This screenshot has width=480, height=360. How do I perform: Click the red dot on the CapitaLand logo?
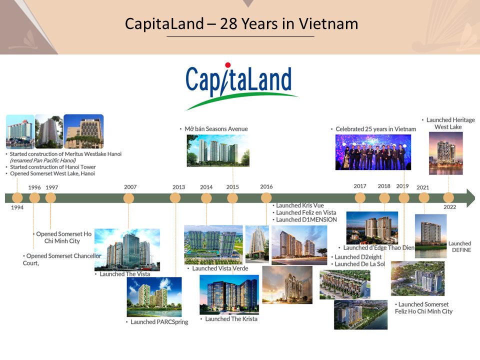click(x=227, y=65)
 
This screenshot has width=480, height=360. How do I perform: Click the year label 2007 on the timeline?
click(x=130, y=187)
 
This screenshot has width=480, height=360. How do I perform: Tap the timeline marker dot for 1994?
click(x=17, y=198)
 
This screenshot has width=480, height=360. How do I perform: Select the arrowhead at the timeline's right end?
click(x=470, y=198)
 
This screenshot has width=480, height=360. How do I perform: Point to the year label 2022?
click(x=449, y=207)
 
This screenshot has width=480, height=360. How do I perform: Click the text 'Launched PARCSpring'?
click(x=159, y=322)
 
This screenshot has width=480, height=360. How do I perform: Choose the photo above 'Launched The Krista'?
click(x=229, y=294)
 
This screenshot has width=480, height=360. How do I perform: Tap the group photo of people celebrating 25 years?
click(x=373, y=152)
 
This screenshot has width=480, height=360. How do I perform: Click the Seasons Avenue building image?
click(x=218, y=150)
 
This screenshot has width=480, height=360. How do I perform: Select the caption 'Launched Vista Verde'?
click(x=220, y=268)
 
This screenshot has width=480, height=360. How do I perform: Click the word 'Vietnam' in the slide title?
click(x=328, y=24)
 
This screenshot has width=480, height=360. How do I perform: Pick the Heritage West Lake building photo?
click(x=445, y=153)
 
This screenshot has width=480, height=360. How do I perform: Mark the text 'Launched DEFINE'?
click(x=460, y=246)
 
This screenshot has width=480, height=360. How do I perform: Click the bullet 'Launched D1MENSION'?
click(x=306, y=220)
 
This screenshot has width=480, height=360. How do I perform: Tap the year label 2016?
click(x=266, y=186)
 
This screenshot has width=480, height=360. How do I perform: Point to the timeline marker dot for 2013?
click(x=175, y=198)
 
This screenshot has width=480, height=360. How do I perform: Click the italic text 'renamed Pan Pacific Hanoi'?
click(x=43, y=160)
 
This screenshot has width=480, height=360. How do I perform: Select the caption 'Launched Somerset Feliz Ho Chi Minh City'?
click(x=423, y=308)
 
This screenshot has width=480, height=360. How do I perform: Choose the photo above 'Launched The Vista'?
click(x=127, y=250)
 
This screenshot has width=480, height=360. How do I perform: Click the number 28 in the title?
click(x=228, y=24)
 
